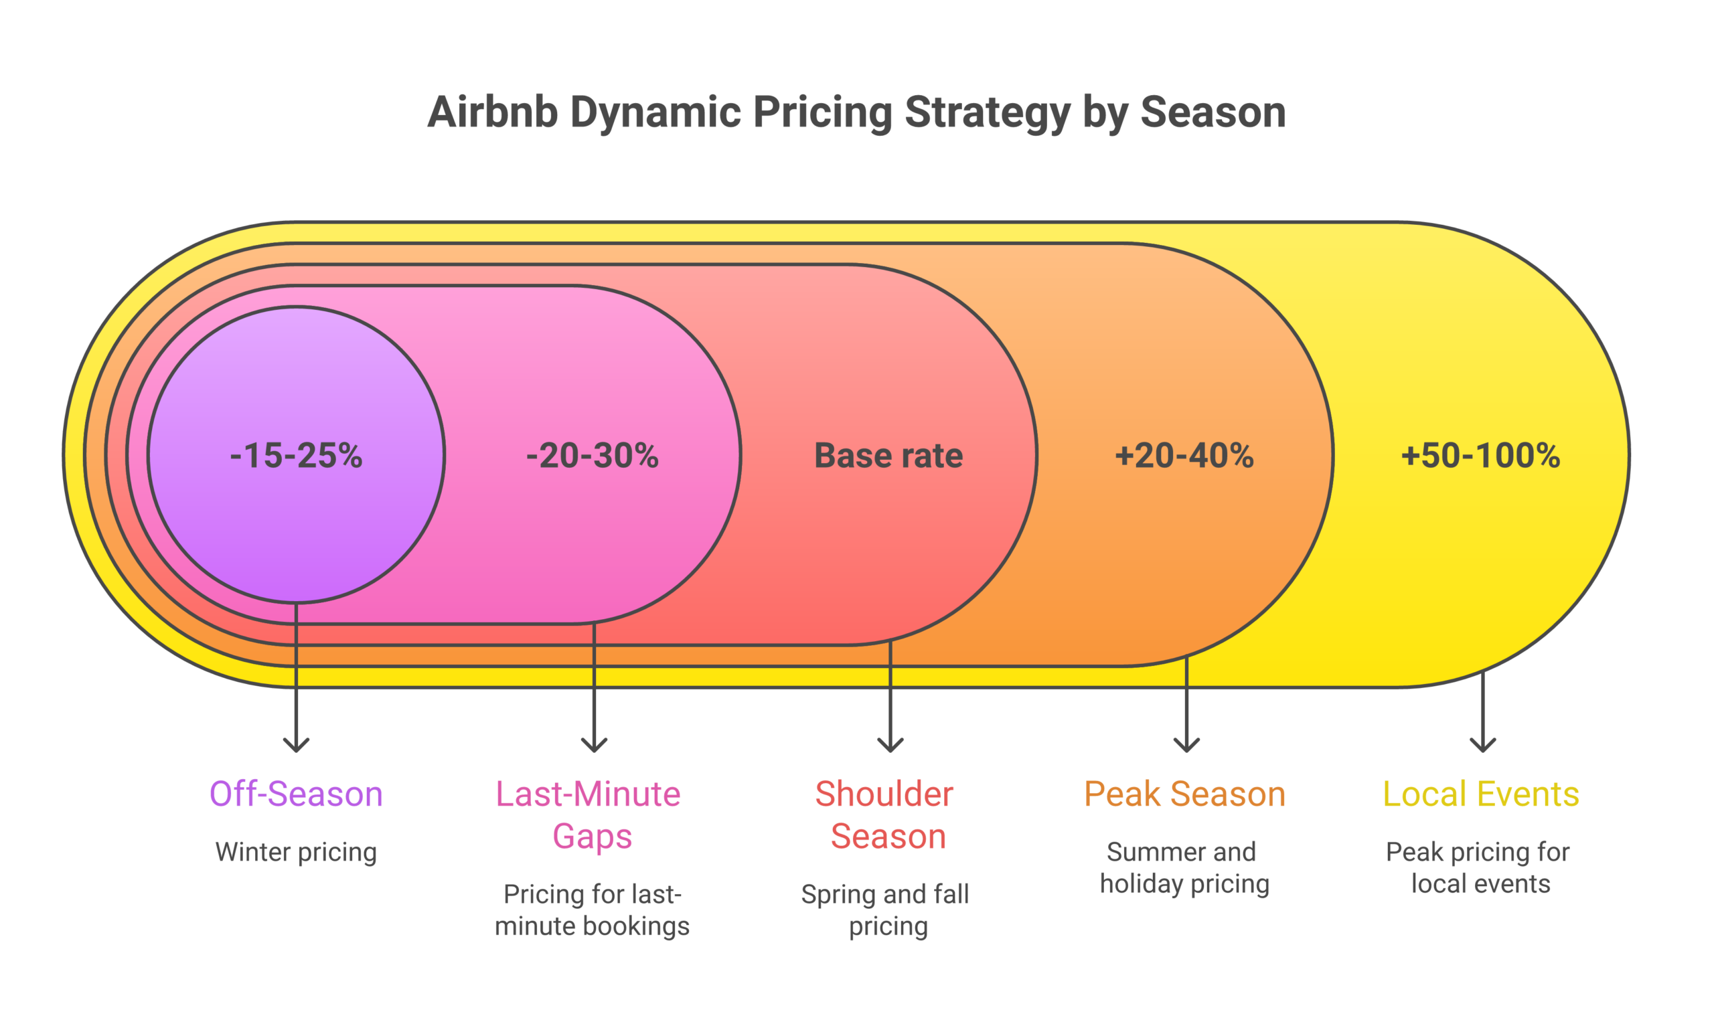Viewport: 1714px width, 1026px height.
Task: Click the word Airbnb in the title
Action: (x=492, y=112)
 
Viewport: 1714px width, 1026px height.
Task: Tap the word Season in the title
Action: (x=1213, y=112)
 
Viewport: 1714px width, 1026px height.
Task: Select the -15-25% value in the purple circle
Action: (x=296, y=456)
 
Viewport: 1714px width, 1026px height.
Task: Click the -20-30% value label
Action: (x=593, y=456)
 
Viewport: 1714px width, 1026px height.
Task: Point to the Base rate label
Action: (x=888, y=456)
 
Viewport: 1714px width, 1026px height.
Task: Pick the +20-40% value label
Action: (x=1184, y=456)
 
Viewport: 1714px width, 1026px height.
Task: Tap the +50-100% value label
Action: (x=1480, y=456)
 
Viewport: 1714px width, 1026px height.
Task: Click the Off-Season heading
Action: (x=296, y=794)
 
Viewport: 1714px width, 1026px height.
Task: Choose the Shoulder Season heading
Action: (x=886, y=815)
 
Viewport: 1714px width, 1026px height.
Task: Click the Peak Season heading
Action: (x=1184, y=794)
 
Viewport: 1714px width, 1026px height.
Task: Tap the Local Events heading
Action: (x=1481, y=794)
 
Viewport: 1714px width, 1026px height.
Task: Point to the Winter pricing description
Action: (x=296, y=852)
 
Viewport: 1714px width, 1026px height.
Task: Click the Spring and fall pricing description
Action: (x=886, y=910)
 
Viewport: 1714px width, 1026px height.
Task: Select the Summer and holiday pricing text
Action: (x=1184, y=867)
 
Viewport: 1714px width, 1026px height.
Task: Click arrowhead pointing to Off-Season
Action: (x=297, y=746)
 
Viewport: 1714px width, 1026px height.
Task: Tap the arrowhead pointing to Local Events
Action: (x=1483, y=746)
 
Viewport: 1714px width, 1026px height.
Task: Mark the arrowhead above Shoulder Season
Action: (x=890, y=746)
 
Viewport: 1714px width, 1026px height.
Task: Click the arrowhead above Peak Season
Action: (x=1187, y=746)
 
